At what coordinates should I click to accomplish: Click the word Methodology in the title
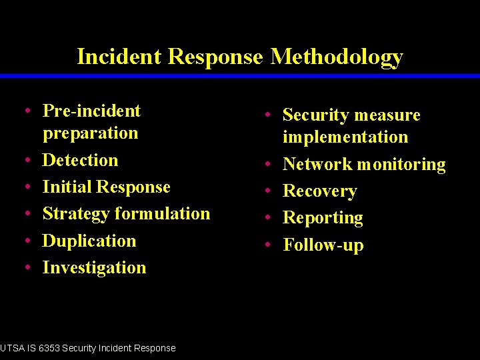[x=337, y=57]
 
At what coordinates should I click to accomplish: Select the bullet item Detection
[x=80, y=160]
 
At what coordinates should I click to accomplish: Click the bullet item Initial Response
[x=106, y=187]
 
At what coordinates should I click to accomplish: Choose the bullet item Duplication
[x=89, y=241]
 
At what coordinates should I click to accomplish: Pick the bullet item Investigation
[x=94, y=267]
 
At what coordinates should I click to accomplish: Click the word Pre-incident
[x=91, y=111]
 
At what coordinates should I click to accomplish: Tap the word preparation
[x=90, y=133]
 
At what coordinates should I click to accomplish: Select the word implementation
[x=345, y=137]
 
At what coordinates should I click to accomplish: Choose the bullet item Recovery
[x=320, y=191]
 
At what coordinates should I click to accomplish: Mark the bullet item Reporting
[x=323, y=218]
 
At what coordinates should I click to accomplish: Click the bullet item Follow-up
[x=323, y=245]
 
